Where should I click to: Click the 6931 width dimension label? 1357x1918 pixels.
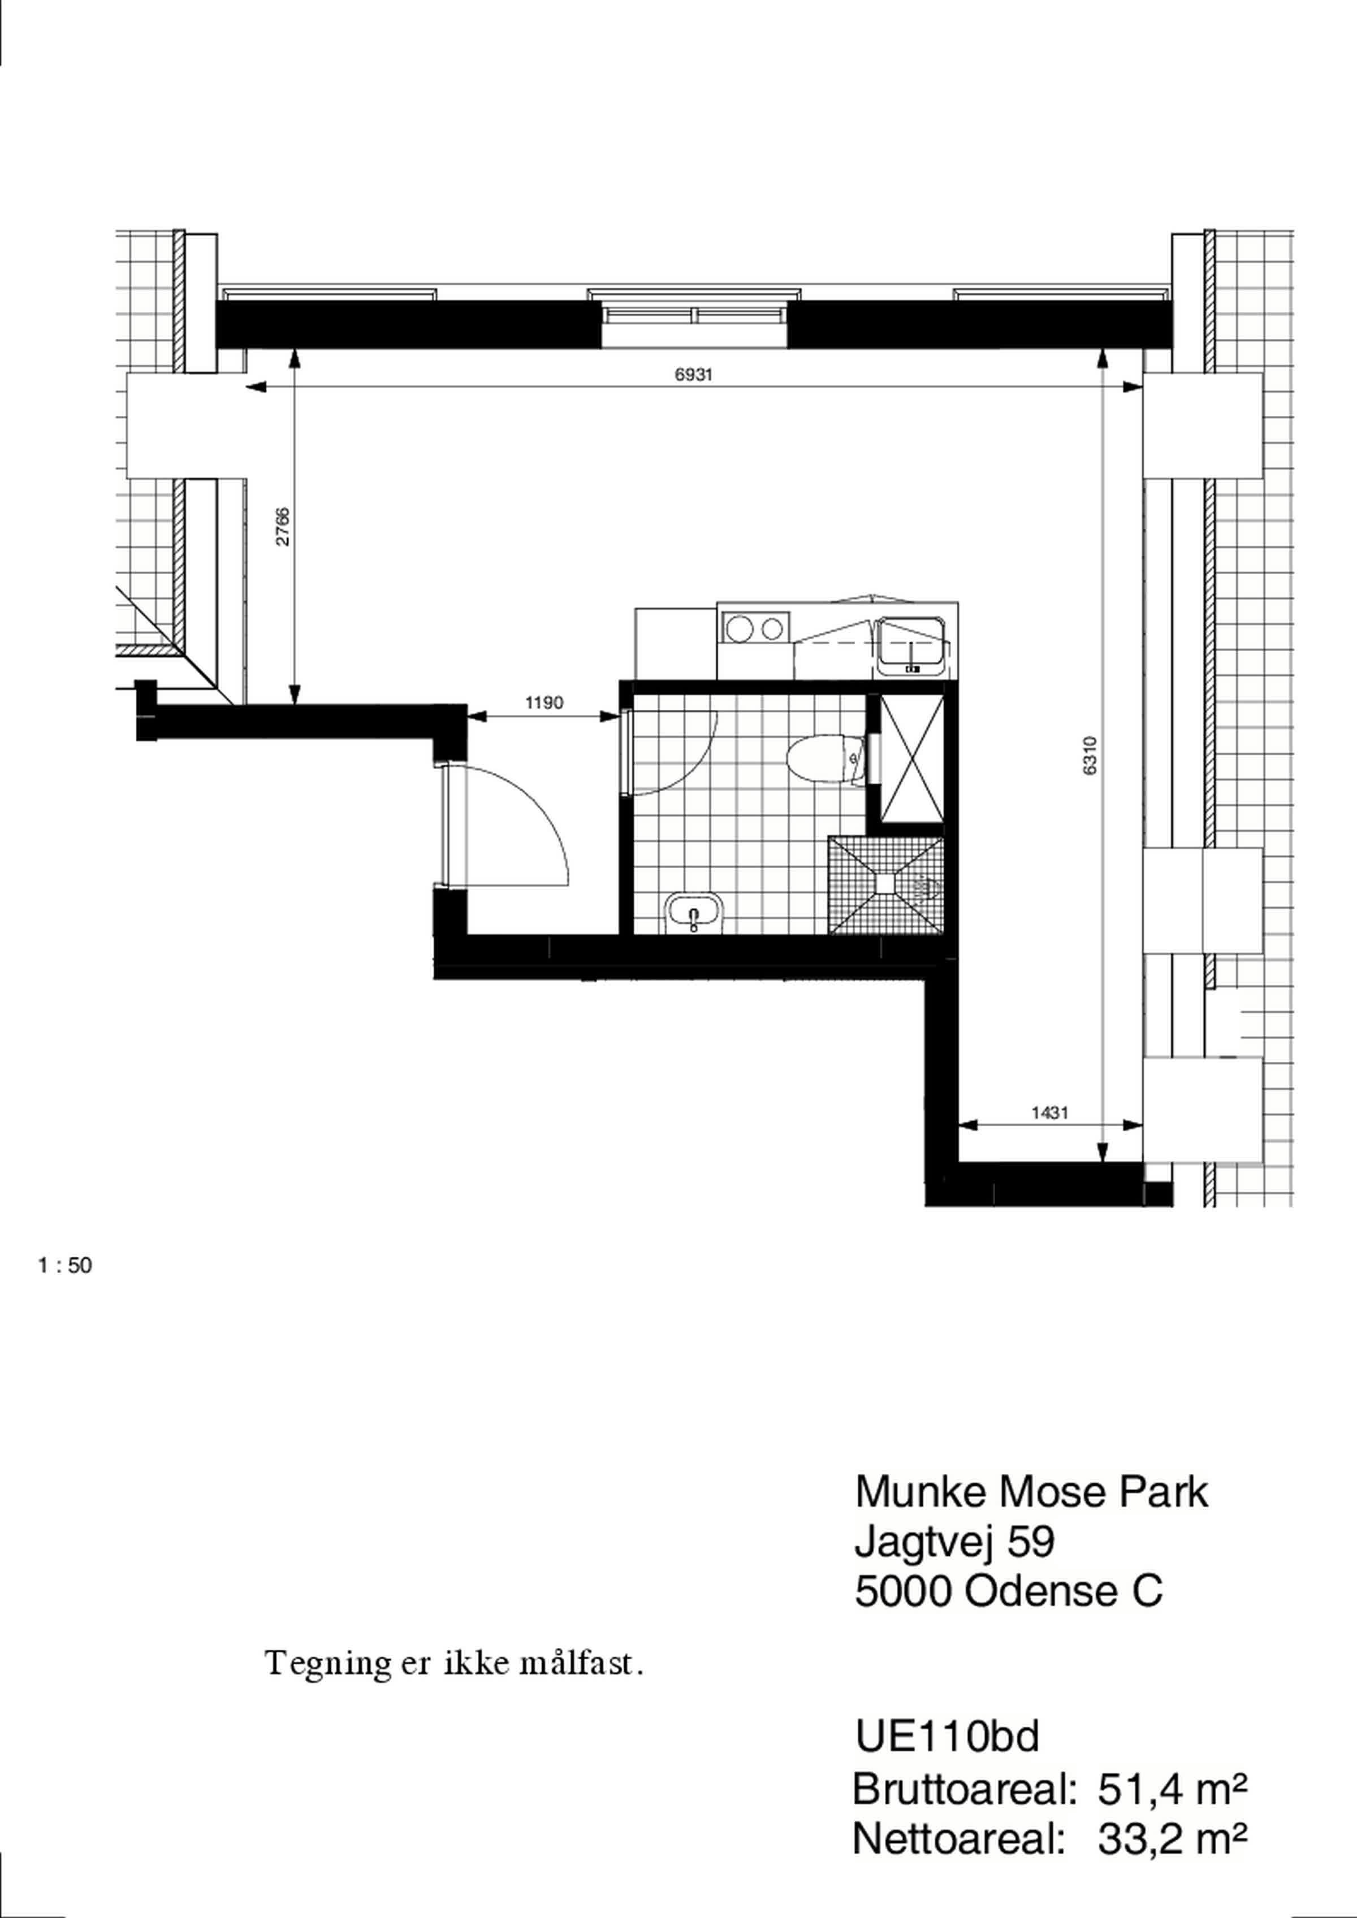694,375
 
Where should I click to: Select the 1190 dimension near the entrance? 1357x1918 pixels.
544,702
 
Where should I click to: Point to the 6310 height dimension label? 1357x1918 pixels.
1089,755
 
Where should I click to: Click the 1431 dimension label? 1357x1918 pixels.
1049,1112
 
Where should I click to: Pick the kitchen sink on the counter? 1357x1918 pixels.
911,646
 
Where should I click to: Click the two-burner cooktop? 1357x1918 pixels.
754,627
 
